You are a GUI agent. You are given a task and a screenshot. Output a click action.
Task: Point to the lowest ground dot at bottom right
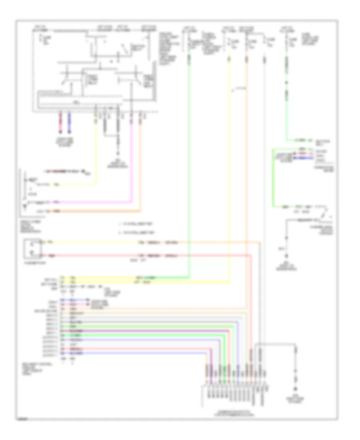click(296, 389)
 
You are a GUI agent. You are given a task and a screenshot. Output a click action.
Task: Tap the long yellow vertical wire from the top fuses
click(229, 168)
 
